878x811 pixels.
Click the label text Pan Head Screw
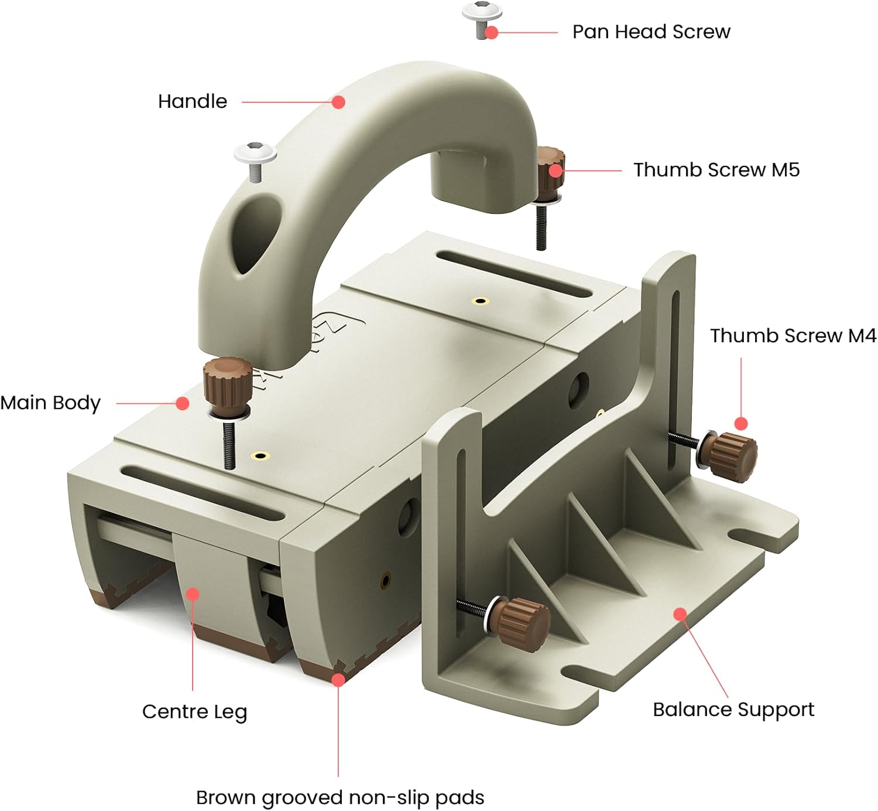(x=651, y=32)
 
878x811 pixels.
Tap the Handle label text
(x=192, y=101)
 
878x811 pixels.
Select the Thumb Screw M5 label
(x=716, y=170)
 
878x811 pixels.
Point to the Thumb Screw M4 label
(x=793, y=336)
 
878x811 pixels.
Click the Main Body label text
(x=50, y=403)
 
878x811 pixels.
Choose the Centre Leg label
(x=194, y=711)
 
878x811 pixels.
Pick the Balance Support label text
(x=733, y=710)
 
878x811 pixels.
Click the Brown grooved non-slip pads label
(x=339, y=798)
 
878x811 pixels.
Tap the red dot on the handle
(x=338, y=102)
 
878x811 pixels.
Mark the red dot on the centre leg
(x=193, y=594)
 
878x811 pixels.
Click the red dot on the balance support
(x=680, y=614)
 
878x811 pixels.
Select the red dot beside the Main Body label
(x=183, y=403)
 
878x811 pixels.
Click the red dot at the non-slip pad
(x=338, y=679)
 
